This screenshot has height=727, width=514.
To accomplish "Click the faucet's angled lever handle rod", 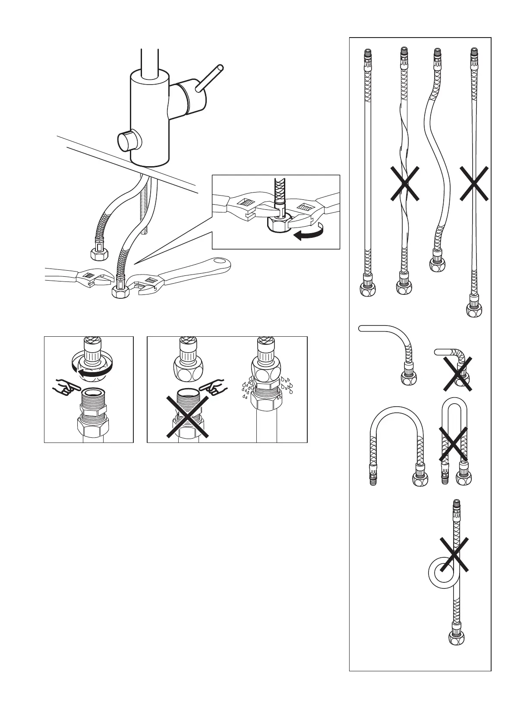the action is point(210,78).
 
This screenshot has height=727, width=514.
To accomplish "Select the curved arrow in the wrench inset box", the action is point(307,233).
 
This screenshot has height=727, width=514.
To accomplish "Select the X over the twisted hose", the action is point(404,184).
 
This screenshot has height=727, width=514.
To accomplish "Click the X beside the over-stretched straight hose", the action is point(473,183).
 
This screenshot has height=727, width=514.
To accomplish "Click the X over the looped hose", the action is point(454,553).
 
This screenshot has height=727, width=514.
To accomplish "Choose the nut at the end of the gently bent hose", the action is point(407,379).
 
